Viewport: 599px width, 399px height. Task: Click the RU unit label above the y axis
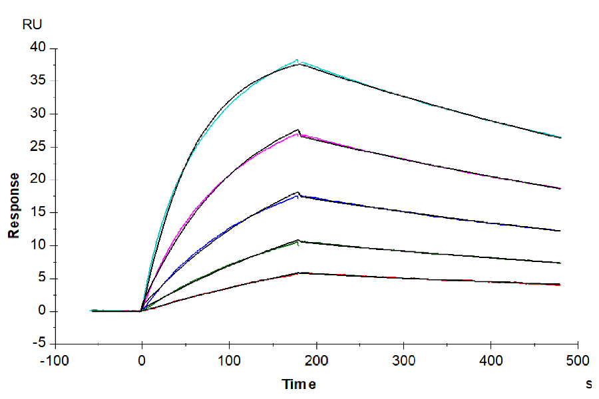32,25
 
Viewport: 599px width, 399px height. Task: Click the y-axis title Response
13,205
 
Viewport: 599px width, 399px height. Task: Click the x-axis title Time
299,384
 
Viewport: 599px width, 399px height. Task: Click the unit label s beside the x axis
588,384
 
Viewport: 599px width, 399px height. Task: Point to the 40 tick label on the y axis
38,48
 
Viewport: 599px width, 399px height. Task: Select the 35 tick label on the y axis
38,81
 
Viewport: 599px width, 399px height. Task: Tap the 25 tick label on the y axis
38,146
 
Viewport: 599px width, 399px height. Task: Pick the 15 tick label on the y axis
38,212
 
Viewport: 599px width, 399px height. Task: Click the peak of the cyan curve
298,61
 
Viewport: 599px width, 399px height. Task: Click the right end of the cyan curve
560,138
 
